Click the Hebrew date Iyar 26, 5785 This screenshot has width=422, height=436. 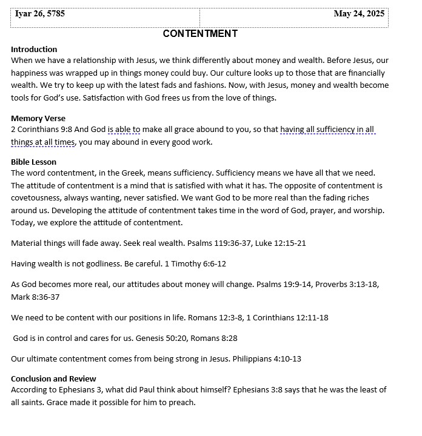(39, 14)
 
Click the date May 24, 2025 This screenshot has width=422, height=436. (358, 14)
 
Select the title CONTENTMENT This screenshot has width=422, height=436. (200, 34)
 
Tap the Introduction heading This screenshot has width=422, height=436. (34, 49)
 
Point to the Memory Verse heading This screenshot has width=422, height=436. (38, 118)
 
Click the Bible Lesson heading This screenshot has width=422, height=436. (33, 162)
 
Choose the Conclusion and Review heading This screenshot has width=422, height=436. (53, 378)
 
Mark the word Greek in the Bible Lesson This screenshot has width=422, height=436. (156, 173)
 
